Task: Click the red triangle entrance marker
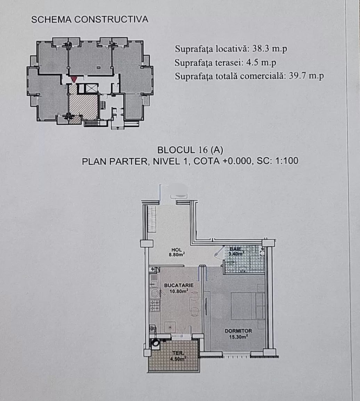[74, 80]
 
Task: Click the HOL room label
[177, 250]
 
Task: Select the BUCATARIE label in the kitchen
[179, 285]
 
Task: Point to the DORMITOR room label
[238, 331]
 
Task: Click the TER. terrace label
[178, 353]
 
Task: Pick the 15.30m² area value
[238, 337]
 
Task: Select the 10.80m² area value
[179, 291]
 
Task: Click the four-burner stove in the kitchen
[154, 306]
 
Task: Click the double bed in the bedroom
[247, 306]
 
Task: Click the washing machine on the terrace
[155, 344]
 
